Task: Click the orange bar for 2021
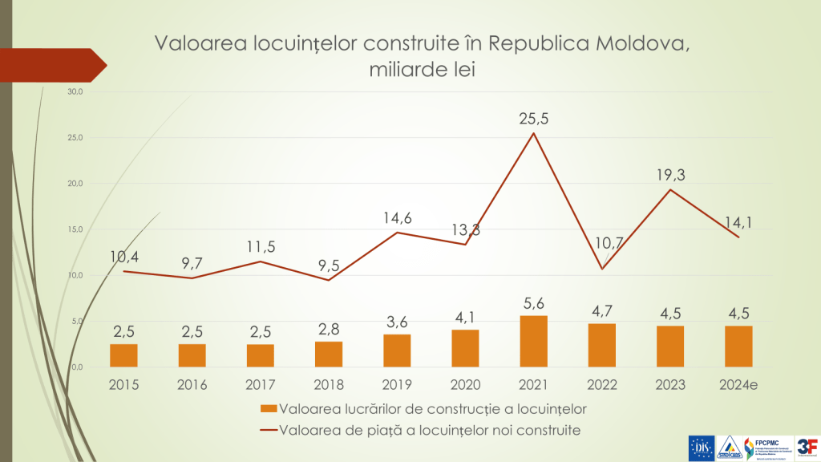click(x=534, y=341)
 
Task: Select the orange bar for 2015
click(x=124, y=355)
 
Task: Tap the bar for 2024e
click(x=739, y=346)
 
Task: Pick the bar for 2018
click(x=329, y=354)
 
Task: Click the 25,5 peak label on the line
click(x=534, y=119)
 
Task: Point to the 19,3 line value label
click(x=671, y=175)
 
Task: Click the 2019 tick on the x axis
click(x=397, y=384)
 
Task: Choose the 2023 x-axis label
click(x=670, y=384)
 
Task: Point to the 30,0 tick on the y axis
click(x=75, y=91)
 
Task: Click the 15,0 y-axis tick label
click(x=75, y=229)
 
